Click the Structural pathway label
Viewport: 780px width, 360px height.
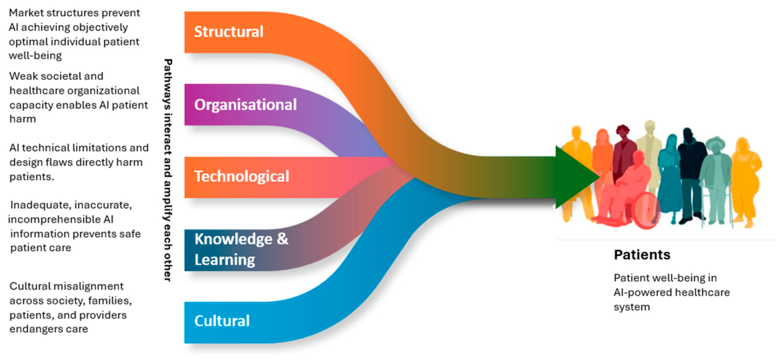229,32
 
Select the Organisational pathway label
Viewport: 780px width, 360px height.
246,105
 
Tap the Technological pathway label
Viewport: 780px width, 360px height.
242,176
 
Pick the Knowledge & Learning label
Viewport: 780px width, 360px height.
241,249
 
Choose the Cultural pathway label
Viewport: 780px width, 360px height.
222,321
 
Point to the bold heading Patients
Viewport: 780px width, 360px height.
642,255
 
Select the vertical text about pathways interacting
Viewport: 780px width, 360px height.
168,170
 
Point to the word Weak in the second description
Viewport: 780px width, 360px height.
23,76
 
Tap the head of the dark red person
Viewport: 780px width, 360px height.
623,132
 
